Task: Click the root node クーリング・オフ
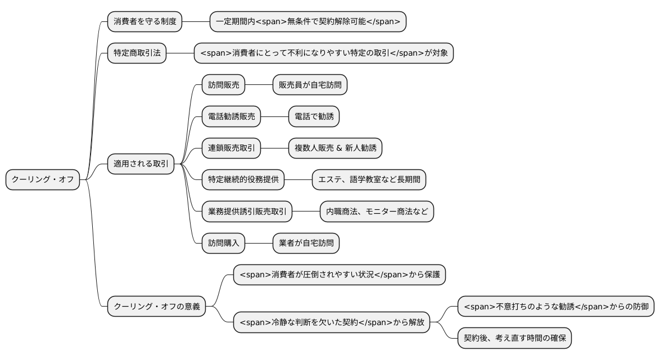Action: click(x=43, y=180)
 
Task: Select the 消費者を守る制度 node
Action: click(x=145, y=22)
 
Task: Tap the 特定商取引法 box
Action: click(x=137, y=53)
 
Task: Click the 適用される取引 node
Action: click(x=141, y=164)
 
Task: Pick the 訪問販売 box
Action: click(x=224, y=85)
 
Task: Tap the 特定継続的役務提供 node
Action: click(x=243, y=180)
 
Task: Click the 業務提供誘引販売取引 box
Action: click(x=247, y=211)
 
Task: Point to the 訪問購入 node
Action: click(x=224, y=243)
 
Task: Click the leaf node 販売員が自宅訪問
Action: click(x=310, y=85)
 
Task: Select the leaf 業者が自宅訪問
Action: click(x=306, y=243)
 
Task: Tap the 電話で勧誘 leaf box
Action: click(x=314, y=117)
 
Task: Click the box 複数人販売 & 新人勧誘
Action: click(x=335, y=148)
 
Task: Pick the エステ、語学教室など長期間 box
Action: click(x=369, y=180)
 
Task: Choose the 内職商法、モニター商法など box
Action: click(x=377, y=211)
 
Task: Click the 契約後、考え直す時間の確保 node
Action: click(x=514, y=338)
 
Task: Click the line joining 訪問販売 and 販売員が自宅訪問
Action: click(x=259, y=85)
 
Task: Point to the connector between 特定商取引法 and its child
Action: click(x=180, y=53)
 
